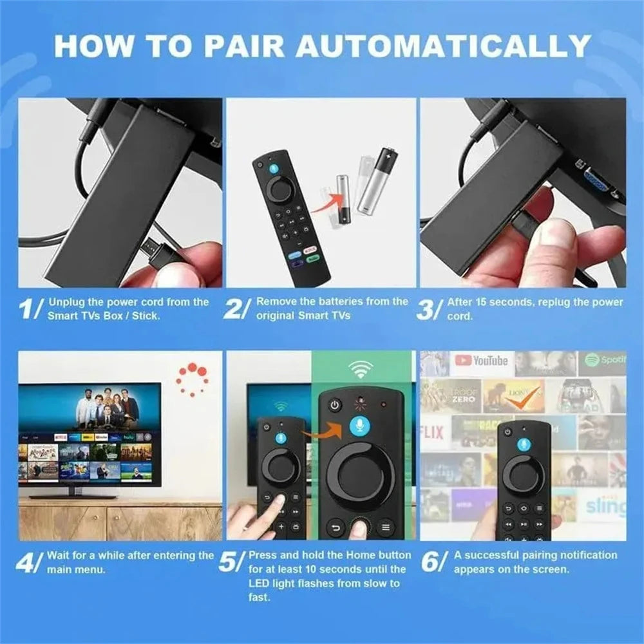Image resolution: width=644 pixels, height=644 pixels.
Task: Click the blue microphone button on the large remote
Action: pyautogui.click(x=361, y=428)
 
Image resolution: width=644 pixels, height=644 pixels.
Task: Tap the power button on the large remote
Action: pyautogui.click(x=334, y=406)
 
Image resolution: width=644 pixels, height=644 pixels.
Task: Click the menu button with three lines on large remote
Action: pyautogui.click(x=386, y=527)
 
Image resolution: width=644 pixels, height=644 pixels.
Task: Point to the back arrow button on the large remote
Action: pyautogui.click(x=335, y=527)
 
